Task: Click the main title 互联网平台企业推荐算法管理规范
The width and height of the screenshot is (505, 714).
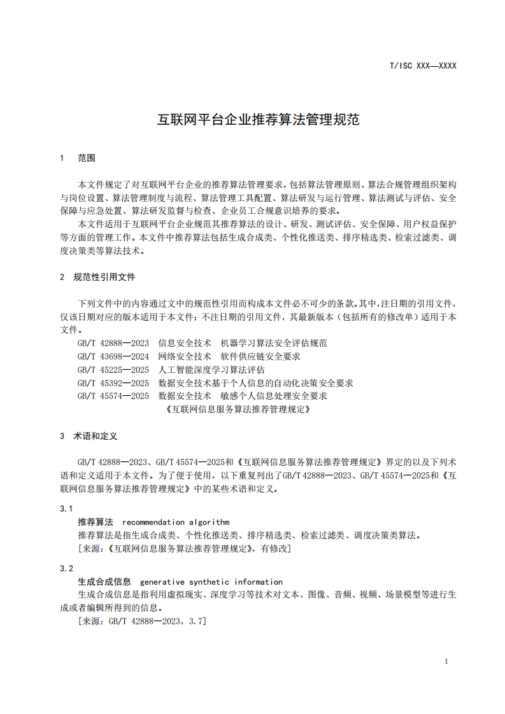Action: point(259,119)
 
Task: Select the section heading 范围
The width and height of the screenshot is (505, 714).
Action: point(87,157)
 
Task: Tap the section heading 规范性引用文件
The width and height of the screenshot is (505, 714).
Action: point(104,277)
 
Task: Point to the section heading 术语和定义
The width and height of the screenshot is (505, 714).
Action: point(96,437)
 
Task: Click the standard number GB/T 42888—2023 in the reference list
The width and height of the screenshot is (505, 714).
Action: point(113,343)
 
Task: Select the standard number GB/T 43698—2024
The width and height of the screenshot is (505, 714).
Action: point(113,356)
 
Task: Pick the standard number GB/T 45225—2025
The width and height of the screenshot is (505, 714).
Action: point(113,370)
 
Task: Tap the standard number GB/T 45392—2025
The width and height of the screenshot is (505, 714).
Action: point(113,383)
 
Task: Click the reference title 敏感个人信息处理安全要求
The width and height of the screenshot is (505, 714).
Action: point(273,396)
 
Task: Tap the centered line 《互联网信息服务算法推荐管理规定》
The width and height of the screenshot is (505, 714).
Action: point(238,410)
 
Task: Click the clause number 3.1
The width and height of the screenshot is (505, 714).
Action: point(66,509)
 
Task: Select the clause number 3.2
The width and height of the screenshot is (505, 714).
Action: point(66,568)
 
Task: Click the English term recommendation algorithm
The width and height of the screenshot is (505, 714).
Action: point(176,522)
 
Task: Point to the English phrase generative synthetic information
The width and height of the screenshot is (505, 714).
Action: point(211,582)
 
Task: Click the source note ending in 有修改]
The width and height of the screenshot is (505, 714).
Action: point(184,548)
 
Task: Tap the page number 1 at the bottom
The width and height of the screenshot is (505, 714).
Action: point(446,661)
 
